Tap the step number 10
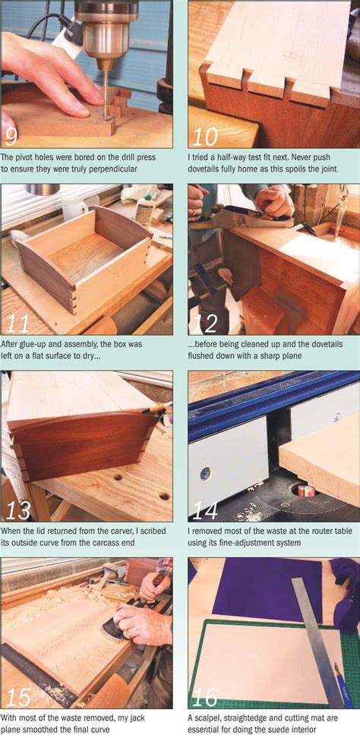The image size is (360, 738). click(205, 137)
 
